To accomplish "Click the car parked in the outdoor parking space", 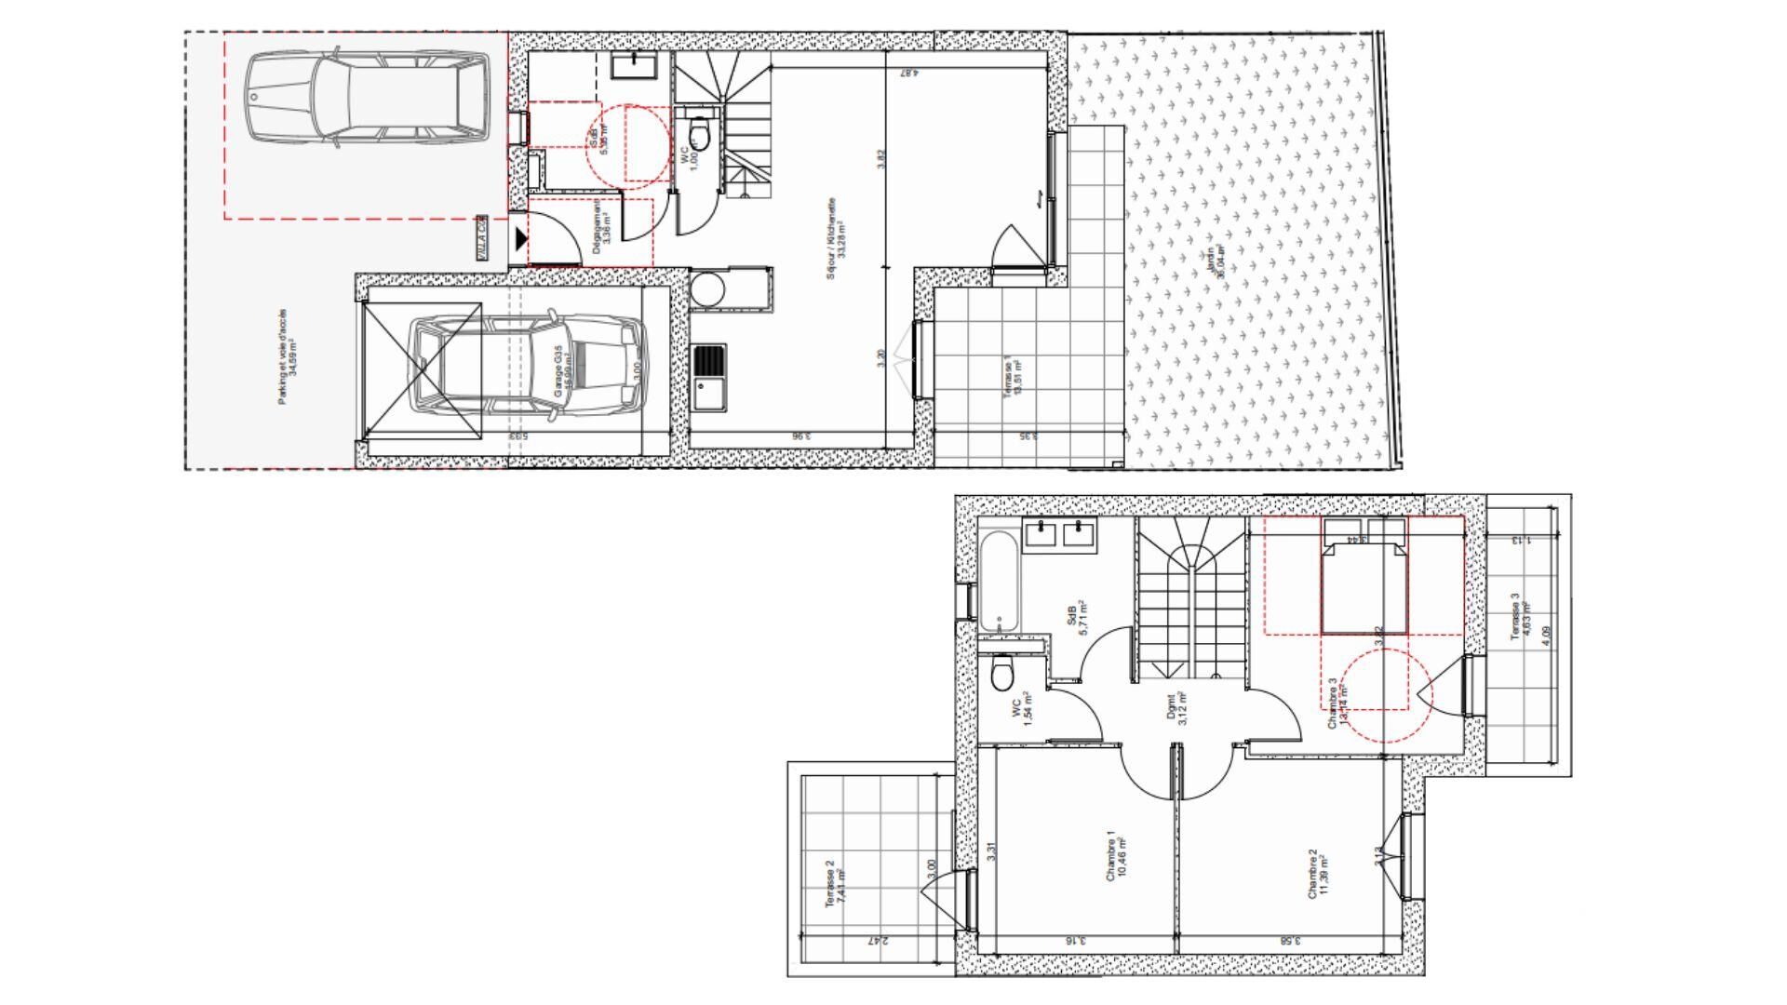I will [368, 98].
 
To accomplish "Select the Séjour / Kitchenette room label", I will [835, 238].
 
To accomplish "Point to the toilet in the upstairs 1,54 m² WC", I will [1002, 674].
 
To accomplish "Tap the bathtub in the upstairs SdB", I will [1000, 581].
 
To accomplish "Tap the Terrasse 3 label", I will [1521, 616].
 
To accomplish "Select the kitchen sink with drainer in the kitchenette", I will [709, 377].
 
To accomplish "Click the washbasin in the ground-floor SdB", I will [637, 64].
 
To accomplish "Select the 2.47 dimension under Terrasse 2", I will [876, 941].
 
